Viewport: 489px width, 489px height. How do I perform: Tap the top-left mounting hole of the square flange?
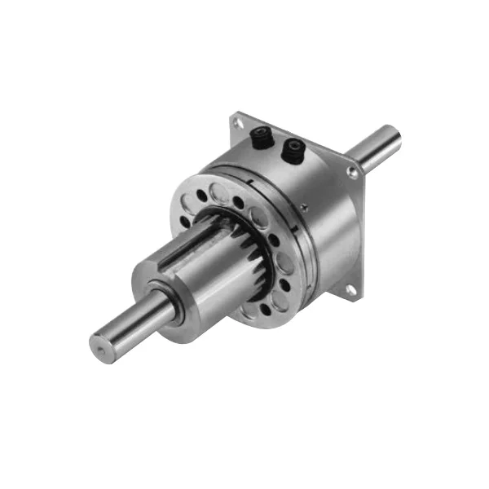pos(237,123)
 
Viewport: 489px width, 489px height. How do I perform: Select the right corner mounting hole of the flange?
pos(351,173)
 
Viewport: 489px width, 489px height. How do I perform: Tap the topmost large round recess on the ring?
pos(219,192)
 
